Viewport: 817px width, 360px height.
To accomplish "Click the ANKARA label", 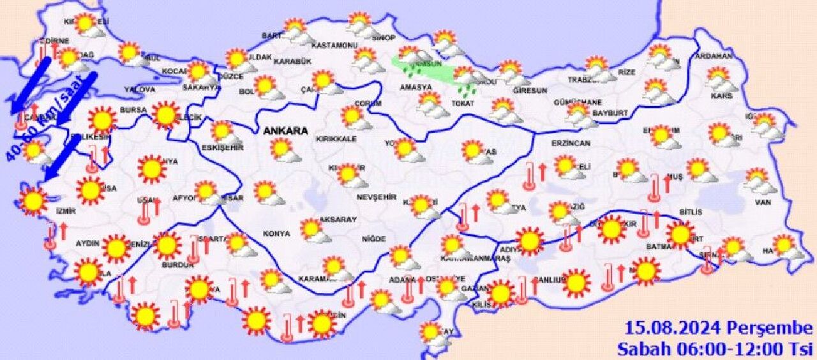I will coord(285,131).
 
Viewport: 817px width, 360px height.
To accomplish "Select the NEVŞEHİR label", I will coord(373,197).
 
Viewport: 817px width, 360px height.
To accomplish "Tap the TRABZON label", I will coord(582,80).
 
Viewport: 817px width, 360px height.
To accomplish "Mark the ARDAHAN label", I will coord(713,56).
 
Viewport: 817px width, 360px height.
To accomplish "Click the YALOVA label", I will coord(140,89).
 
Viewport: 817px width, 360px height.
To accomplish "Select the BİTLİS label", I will coord(691,212).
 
